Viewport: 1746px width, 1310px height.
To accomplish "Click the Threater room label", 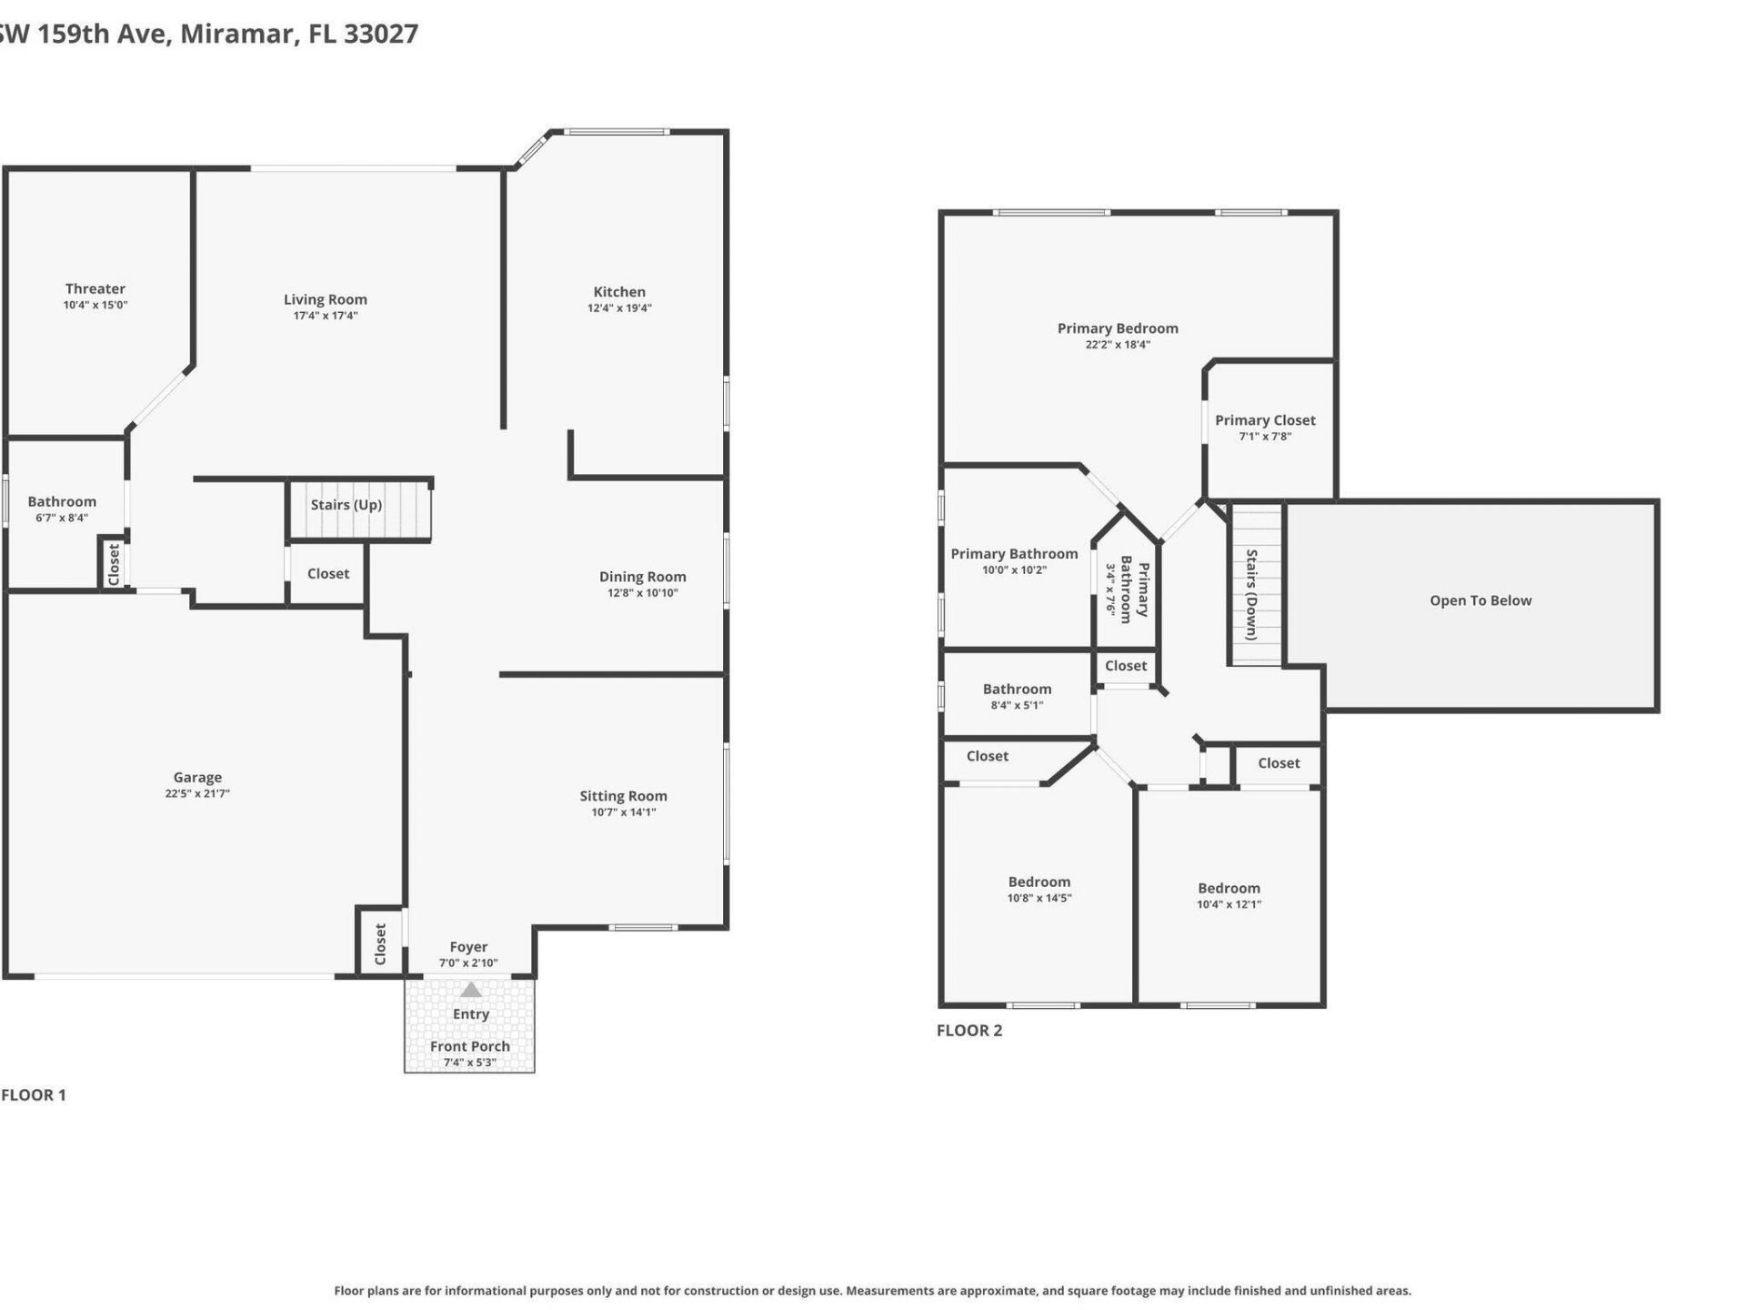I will click(95, 289).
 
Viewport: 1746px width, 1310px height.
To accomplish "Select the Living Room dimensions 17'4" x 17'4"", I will click(325, 316).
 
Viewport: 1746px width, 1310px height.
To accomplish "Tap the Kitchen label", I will click(619, 292).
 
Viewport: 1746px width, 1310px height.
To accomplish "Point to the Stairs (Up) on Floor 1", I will click(346, 505).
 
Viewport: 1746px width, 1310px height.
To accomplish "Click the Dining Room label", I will click(642, 577).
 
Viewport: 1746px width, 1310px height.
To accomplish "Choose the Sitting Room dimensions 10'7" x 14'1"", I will click(623, 812).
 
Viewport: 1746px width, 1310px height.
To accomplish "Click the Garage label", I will click(197, 778).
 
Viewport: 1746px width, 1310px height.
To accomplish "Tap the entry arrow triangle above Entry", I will click(470, 990).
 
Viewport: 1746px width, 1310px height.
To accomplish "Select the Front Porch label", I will click(469, 1046).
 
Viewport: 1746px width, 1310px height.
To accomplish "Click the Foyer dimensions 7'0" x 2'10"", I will click(468, 962).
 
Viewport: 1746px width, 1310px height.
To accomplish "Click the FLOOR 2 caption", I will click(969, 1031).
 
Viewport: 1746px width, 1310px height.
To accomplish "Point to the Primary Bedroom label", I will click(1117, 328).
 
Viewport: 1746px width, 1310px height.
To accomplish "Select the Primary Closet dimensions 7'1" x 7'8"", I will click(1265, 437).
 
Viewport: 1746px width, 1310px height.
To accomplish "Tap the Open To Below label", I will click(1480, 600).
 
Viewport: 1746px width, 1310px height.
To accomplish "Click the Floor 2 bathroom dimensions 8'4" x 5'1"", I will click(1017, 705).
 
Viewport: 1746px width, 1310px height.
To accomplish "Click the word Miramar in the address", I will click(238, 34).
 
